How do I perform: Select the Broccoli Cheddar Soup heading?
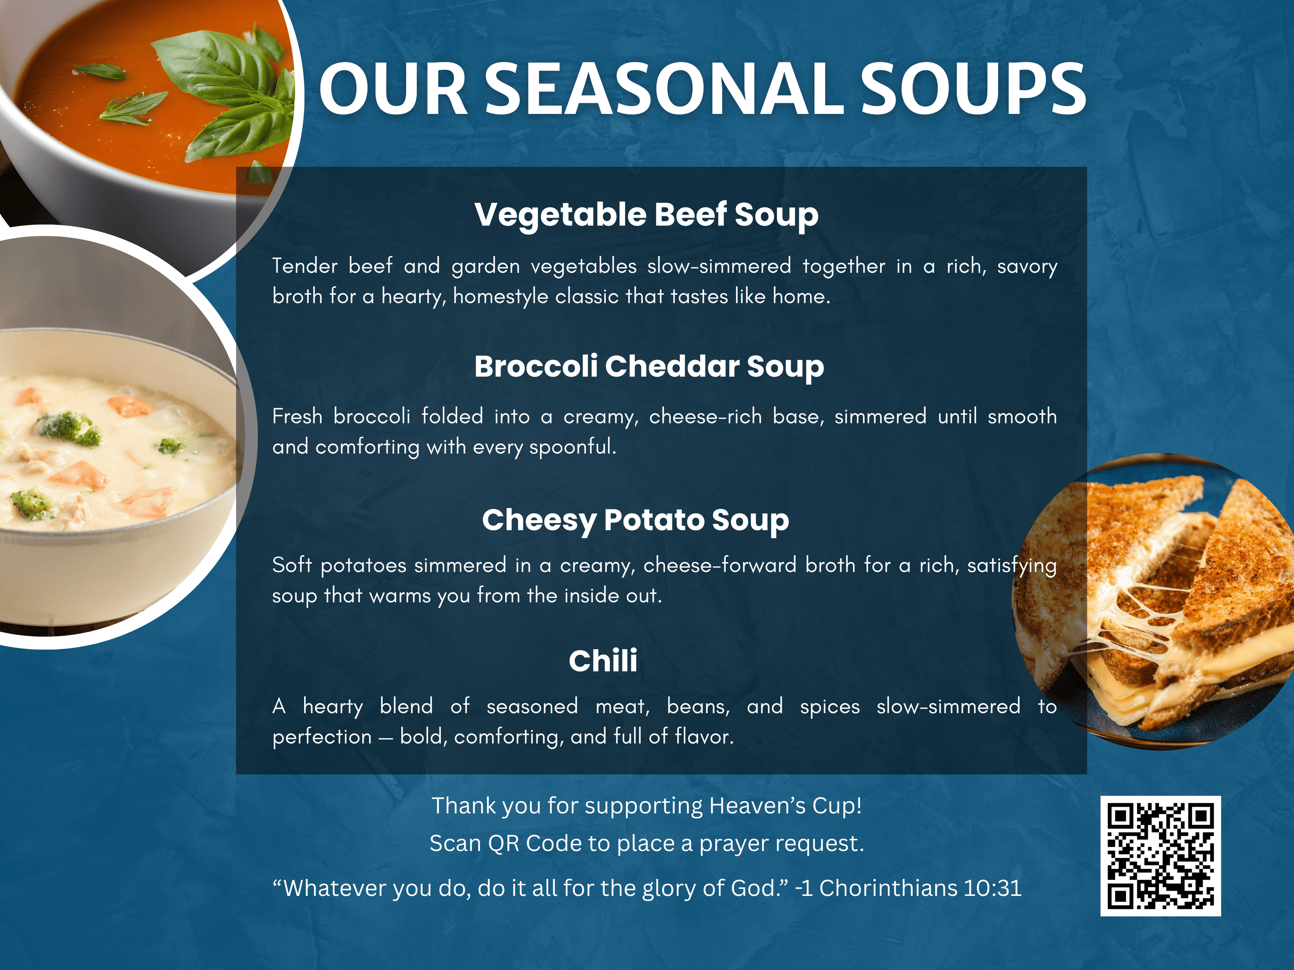tap(649, 366)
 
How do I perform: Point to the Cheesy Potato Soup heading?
tap(635, 520)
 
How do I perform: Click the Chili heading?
tap(603, 661)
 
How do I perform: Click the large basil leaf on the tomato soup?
tap(220, 67)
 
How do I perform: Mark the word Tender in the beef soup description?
tap(305, 266)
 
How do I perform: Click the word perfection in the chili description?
tap(322, 737)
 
